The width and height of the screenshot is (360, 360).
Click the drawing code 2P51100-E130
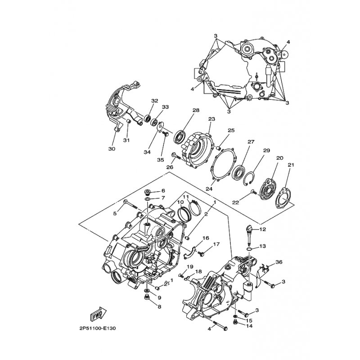pos(98,328)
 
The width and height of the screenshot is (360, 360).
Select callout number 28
pos(196,110)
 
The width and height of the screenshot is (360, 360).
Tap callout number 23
pos(211,119)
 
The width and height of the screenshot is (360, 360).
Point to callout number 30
pos(112,149)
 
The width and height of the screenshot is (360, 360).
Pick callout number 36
pos(279,262)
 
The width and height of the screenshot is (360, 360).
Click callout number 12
pos(263,229)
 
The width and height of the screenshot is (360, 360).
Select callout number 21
pos(291,165)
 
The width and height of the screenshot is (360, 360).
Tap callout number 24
pos(209,189)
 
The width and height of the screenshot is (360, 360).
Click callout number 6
pos(163,190)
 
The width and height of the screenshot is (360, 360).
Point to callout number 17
pos(216,244)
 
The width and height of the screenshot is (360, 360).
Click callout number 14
pos(249,326)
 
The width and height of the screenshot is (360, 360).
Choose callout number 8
pos(159,306)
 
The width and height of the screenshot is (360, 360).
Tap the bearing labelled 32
pos(148,118)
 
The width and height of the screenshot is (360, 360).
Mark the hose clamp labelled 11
pos(195,207)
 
